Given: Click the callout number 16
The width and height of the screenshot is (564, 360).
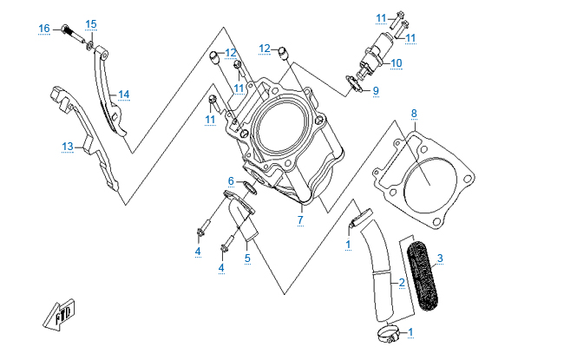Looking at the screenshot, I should point(44,29).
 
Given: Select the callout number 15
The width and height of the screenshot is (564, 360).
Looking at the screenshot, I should point(91,23).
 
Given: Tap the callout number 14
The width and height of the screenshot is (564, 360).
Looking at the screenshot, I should point(124,95).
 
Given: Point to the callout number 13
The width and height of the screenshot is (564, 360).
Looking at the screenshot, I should point(68,147).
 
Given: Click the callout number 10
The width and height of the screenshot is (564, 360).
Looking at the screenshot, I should point(396,63).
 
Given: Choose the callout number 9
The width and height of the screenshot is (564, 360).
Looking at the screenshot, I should point(376,91).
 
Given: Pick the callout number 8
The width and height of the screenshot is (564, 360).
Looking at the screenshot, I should point(414,114).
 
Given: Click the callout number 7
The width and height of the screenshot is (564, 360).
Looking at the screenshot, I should point(299,220).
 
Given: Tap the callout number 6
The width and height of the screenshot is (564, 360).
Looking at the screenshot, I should point(231,180).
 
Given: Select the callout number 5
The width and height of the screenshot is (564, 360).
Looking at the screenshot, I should point(247,258).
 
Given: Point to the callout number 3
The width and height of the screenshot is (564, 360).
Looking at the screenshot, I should point(440,258).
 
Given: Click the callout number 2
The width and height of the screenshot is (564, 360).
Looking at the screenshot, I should point(402,283).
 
